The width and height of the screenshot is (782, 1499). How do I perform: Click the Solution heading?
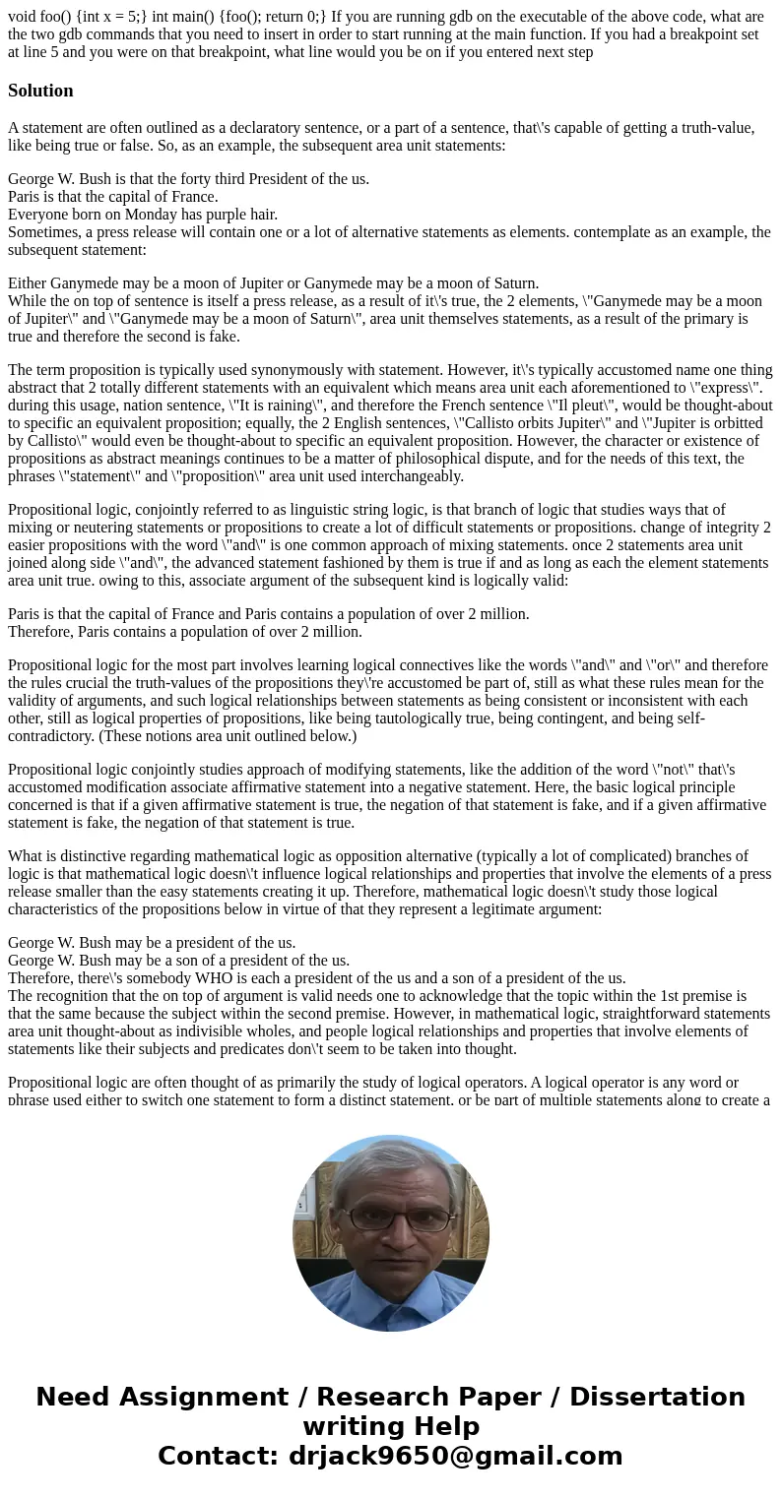pos(40,91)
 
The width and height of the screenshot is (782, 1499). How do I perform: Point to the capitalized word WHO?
pos(237,977)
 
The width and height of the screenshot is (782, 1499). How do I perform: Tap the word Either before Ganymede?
pos(30,282)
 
